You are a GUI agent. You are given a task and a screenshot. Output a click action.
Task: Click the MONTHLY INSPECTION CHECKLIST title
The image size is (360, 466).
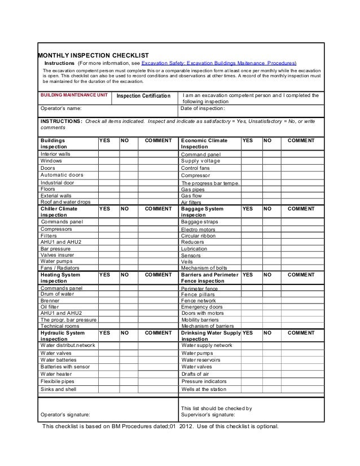93,55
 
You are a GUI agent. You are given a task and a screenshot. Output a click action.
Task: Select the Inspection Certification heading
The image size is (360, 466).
143,96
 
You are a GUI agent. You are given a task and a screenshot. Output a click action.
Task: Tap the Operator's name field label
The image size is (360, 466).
61,108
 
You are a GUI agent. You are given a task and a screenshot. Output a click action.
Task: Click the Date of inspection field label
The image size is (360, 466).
203,108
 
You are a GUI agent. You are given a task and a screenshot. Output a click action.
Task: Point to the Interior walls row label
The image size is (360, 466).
55,153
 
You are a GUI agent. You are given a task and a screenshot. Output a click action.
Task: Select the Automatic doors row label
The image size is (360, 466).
62,175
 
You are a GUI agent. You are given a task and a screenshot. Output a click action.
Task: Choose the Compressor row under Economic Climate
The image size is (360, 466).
195,175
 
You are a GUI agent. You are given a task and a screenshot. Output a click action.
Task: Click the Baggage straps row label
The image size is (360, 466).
199,222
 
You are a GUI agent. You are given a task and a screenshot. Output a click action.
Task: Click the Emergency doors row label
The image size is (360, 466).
201,307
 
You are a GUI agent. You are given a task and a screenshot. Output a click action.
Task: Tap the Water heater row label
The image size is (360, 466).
56,373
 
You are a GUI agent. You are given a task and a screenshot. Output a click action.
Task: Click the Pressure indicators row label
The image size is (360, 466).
204,381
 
